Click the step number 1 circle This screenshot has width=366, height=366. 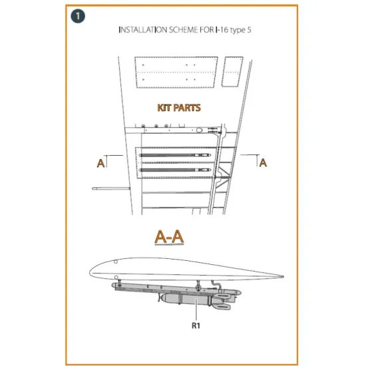click(x=78, y=16)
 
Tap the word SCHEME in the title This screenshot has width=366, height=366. click(x=184, y=30)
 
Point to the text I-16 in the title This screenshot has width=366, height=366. click(x=222, y=30)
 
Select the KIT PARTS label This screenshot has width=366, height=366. click(x=179, y=108)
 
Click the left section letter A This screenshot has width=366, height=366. click(x=100, y=163)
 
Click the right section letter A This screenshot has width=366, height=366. click(x=263, y=162)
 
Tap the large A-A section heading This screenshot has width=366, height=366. click(x=169, y=237)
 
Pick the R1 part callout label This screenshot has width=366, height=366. click(x=196, y=325)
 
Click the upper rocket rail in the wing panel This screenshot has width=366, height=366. click(x=175, y=155)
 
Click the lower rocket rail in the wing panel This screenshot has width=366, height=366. click(x=175, y=170)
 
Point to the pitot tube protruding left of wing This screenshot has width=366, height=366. click(x=111, y=188)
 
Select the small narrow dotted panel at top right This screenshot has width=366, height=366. click(x=232, y=72)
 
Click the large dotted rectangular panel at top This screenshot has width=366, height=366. click(x=176, y=72)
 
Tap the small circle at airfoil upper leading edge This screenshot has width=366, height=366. click(x=116, y=262)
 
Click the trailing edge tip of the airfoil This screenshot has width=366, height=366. click(x=283, y=277)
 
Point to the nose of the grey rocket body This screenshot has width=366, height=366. click(x=160, y=298)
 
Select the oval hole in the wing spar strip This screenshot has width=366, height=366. click(x=199, y=130)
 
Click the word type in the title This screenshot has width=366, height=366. click(x=238, y=31)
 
